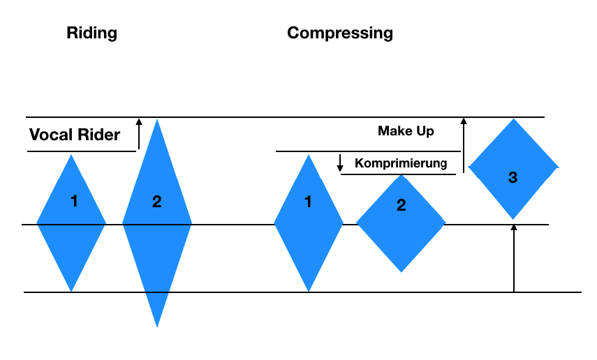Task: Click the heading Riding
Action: (x=91, y=33)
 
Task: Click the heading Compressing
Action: (x=340, y=33)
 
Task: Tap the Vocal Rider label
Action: (x=75, y=135)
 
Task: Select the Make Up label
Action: (x=406, y=130)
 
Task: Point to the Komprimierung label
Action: (x=400, y=163)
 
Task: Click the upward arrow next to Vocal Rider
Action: (x=139, y=134)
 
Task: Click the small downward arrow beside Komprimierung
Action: (x=340, y=163)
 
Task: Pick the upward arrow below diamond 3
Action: (x=513, y=257)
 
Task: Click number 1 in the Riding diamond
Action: (x=74, y=202)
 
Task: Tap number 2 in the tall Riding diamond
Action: (x=156, y=202)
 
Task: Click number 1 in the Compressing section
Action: (x=308, y=202)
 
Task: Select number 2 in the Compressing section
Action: (x=401, y=205)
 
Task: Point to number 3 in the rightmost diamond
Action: (x=513, y=177)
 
